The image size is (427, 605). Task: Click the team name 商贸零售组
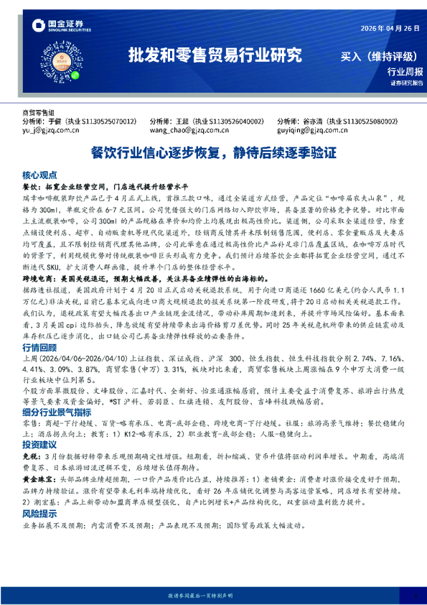tap(39, 113)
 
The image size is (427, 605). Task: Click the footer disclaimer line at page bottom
tap(213, 596)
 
